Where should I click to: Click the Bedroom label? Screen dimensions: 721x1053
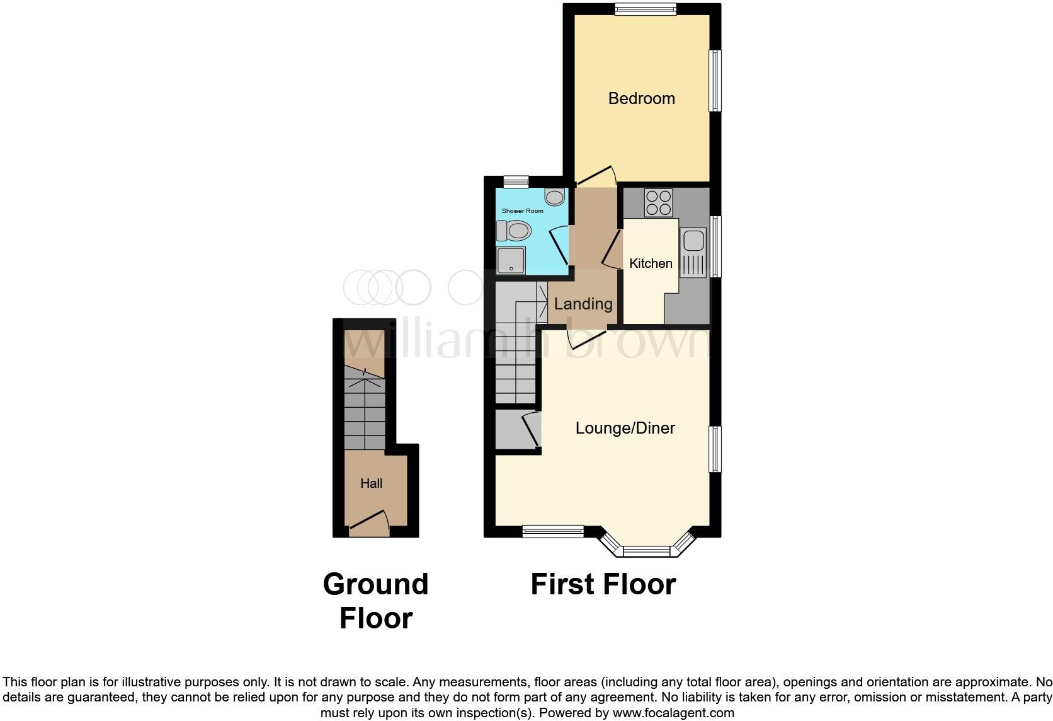tap(641, 98)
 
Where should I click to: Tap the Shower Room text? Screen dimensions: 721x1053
tap(522, 211)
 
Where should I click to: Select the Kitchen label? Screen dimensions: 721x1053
tap(651, 263)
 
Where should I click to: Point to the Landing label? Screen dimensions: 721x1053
tap(583, 304)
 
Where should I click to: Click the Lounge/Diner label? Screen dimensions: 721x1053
tap(625, 428)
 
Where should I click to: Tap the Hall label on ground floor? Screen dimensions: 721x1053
tap(371, 483)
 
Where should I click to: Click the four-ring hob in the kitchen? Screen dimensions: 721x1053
tap(658, 203)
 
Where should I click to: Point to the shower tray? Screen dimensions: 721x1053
tap(511, 260)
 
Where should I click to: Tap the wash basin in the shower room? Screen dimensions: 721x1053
tap(554, 197)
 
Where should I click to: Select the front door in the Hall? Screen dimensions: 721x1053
tap(368, 521)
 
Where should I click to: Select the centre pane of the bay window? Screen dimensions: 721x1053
tap(647, 551)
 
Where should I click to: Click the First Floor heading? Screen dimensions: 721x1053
tap(603, 584)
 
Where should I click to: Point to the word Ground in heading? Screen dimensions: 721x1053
tap(375, 584)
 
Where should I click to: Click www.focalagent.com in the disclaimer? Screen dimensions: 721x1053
tap(673, 713)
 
